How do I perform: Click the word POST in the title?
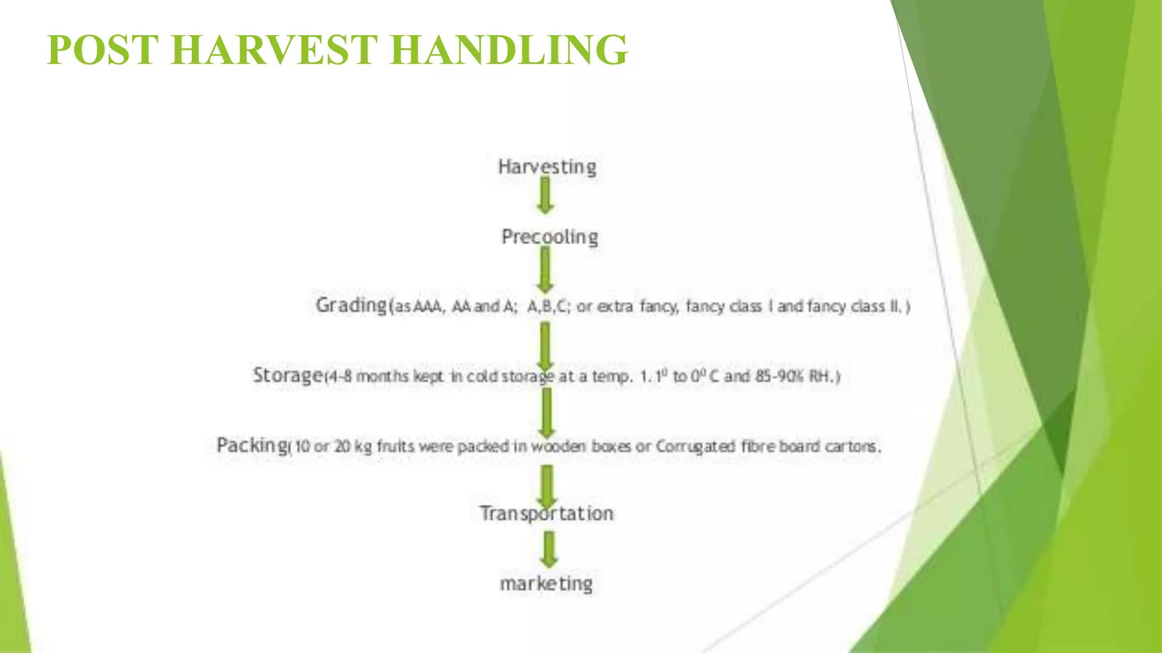(103, 50)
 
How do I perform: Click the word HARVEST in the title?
(274, 50)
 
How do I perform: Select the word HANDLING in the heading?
(509, 50)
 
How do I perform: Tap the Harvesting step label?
(547, 167)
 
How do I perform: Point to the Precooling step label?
(549, 237)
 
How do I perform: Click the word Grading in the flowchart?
(351, 306)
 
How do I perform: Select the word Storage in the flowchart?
(288, 375)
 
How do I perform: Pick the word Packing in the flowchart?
(252, 446)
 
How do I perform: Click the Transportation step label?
(546, 514)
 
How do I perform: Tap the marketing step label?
(546, 583)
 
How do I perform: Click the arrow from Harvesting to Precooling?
(545, 195)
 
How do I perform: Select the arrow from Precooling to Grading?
(545, 270)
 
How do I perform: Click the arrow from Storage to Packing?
(546, 413)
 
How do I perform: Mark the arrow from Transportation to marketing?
(549, 549)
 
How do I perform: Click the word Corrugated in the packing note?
(696, 447)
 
